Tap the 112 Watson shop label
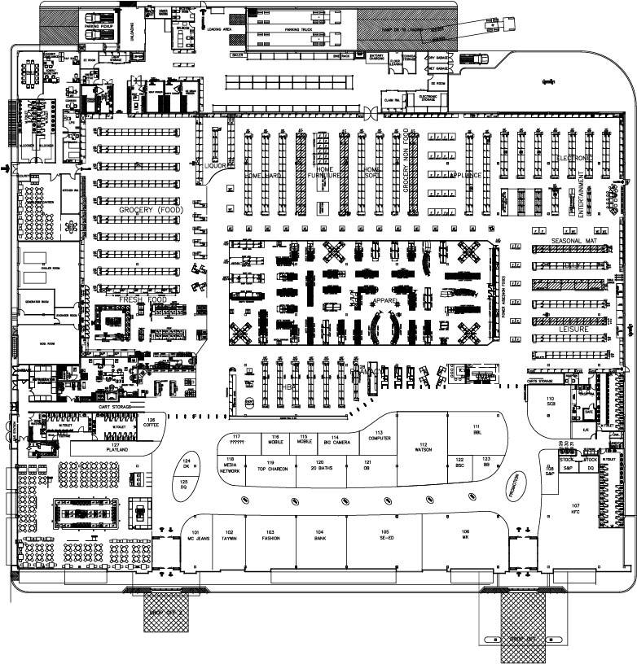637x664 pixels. (x=423, y=447)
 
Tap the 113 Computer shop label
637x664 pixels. (x=379, y=435)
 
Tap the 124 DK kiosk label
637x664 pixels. (x=186, y=465)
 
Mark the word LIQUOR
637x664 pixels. (x=216, y=165)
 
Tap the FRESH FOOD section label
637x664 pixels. (x=143, y=299)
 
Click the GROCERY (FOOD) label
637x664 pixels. (x=149, y=210)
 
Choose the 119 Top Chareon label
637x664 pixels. (x=274, y=467)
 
